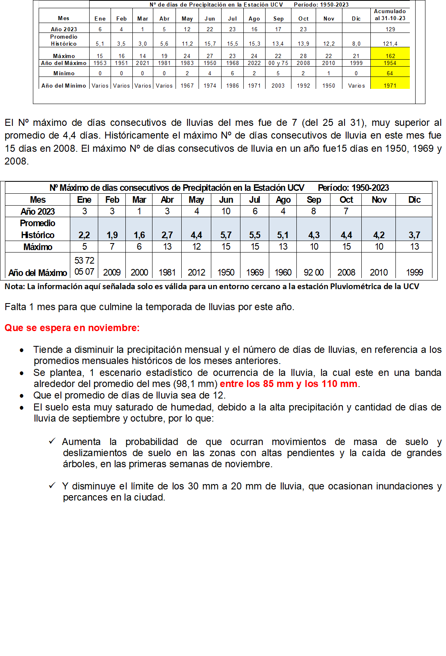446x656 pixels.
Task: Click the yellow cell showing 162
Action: coord(390,56)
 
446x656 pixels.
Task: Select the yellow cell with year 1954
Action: coord(390,63)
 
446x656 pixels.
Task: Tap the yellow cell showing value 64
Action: coord(390,73)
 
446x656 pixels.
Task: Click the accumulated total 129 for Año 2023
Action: coord(390,29)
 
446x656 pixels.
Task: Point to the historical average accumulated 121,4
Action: coord(390,44)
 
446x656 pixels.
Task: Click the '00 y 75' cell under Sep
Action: coord(278,63)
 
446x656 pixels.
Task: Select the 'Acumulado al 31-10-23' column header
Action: coord(390,15)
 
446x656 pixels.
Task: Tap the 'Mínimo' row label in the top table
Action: coord(64,73)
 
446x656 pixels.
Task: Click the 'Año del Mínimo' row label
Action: coord(64,86)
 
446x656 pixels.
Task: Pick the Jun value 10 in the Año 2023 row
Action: coord(226,211)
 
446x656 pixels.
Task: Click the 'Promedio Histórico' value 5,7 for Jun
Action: coord(226,235)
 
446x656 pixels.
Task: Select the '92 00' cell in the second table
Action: coord(314,272)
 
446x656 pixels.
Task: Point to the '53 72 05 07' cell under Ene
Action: coord(84,266)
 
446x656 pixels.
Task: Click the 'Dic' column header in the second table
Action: coord(414,199)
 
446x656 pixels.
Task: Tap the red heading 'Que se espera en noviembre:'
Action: coord(72,328)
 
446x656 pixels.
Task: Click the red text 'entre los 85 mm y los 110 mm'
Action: coord(289,384)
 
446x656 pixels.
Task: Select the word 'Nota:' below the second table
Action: coord(15,286)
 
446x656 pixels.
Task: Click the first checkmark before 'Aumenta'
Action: coord(52,441)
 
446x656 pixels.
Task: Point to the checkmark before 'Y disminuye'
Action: coord(52,486)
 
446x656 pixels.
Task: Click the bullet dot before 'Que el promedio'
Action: coord(22,396)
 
